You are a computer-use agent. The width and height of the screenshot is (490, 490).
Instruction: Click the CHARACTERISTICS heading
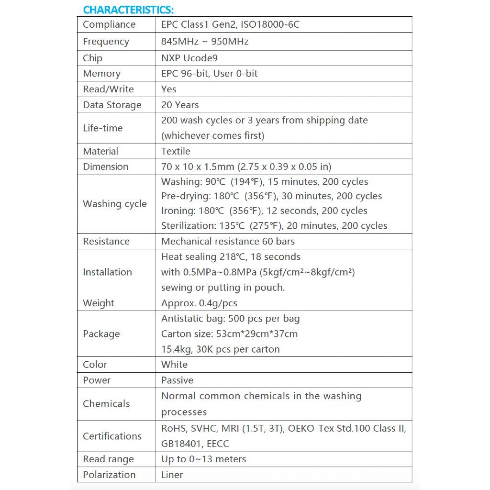(128, 10)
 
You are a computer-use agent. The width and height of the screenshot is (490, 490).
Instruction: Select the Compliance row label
(109, 24)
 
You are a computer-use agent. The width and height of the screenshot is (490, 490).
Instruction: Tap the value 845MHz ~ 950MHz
(205, 41)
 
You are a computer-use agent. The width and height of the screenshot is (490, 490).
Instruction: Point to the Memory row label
(101, 74)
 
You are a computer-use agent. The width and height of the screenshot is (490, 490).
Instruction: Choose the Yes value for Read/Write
(169, 89)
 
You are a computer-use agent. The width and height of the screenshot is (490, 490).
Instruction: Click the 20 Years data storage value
(180, 105)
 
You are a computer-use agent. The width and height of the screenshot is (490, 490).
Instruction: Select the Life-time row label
(102, 128)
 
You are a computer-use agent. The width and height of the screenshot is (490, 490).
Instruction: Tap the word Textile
(176, 151)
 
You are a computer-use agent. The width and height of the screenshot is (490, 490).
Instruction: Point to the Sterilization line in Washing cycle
(274, 226)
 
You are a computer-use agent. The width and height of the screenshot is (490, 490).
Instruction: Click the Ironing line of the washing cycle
(264, 211)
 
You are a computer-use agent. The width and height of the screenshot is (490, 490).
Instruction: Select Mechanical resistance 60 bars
(228, 241)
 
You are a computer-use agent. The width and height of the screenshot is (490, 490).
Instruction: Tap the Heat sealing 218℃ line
(231, 257)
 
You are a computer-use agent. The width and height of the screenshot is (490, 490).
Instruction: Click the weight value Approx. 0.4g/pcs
(199, 303)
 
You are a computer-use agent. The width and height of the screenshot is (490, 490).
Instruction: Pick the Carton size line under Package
(229, 334)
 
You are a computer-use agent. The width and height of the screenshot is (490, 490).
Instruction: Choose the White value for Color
(175, 365)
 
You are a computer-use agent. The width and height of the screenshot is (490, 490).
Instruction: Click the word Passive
(177, 380)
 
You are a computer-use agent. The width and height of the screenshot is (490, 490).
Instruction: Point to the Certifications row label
(112, 436)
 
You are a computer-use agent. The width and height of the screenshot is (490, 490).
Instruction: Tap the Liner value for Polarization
(172, 475)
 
